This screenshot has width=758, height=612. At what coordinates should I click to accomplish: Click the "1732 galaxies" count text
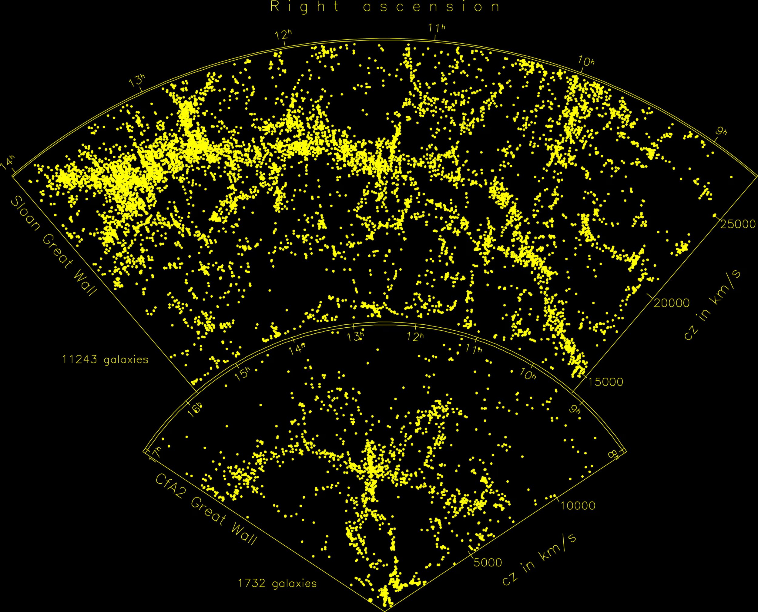point(277,584)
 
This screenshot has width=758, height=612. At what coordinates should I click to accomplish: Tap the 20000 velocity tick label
point(672,303)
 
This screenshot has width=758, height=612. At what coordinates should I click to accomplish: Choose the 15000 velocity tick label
point(605,382)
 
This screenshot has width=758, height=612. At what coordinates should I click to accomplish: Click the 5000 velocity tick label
point(488,563)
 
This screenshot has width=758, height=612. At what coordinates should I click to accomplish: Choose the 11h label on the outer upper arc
point(437,28)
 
